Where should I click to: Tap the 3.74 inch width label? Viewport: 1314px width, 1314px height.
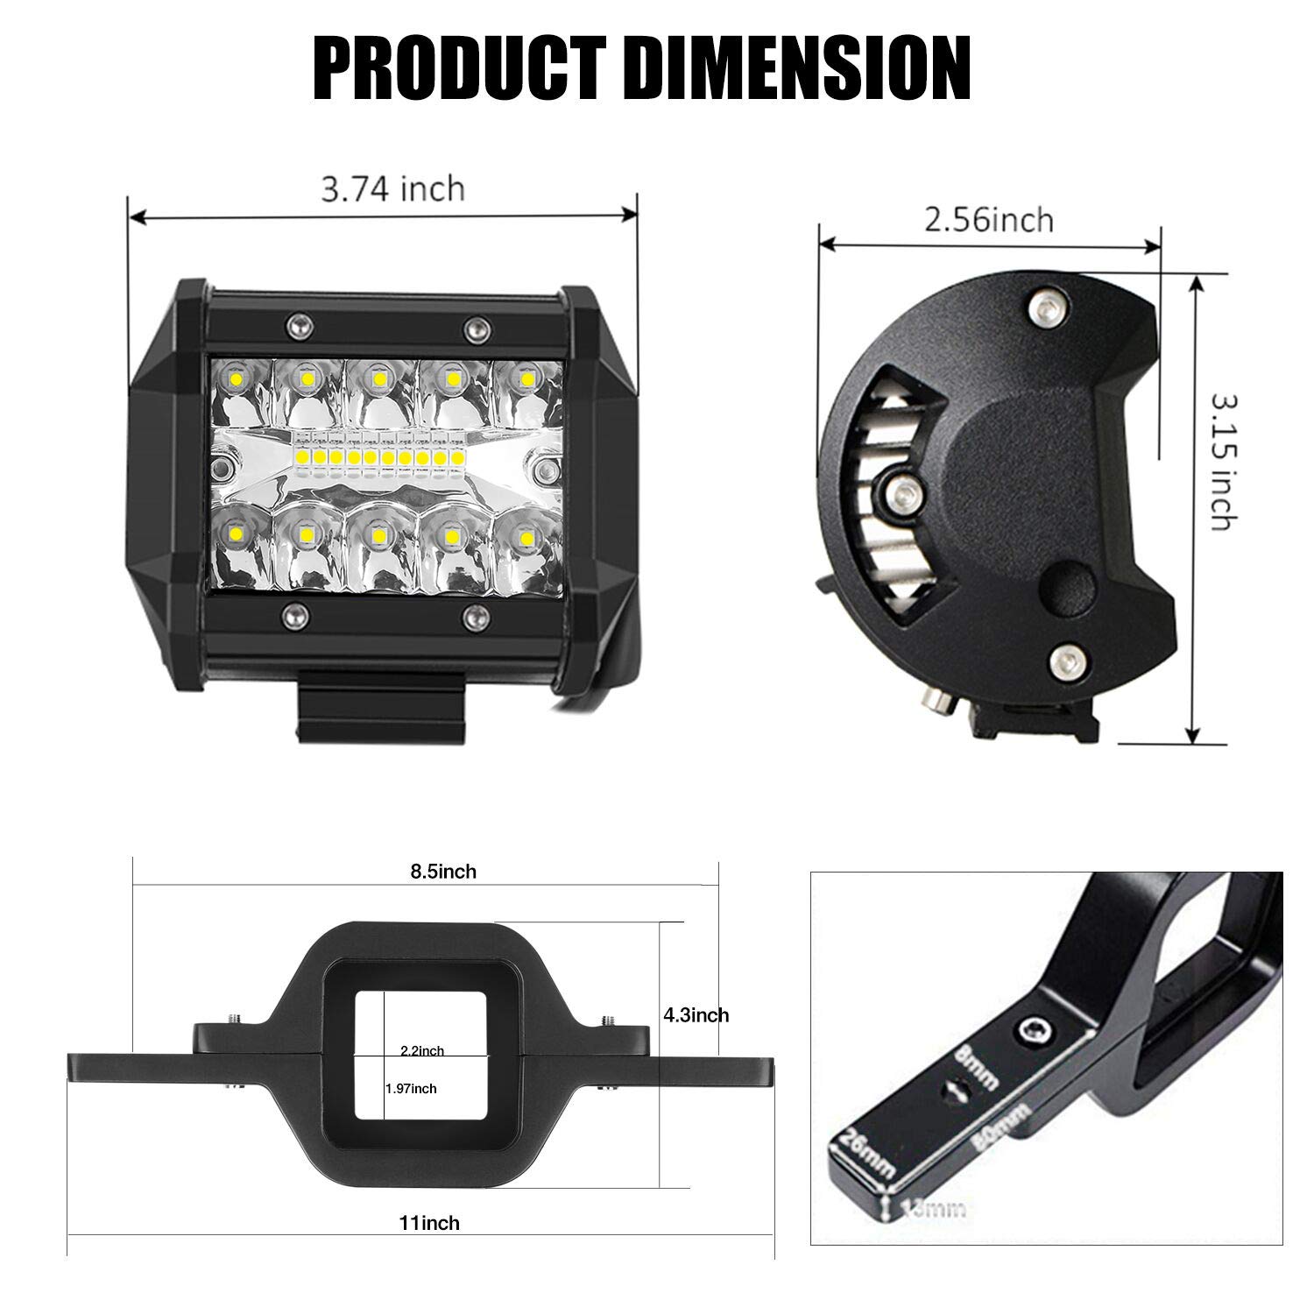click(x=392, y=188)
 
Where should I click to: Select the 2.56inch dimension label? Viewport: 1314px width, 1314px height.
click(x=989, y=219)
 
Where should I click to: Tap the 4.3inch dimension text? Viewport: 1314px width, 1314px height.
click(x=696, y=1015)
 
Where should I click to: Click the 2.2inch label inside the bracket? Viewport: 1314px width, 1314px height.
click(x=421, y=1051)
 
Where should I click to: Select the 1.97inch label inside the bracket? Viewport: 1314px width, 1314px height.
click(x=411, y=1089)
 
